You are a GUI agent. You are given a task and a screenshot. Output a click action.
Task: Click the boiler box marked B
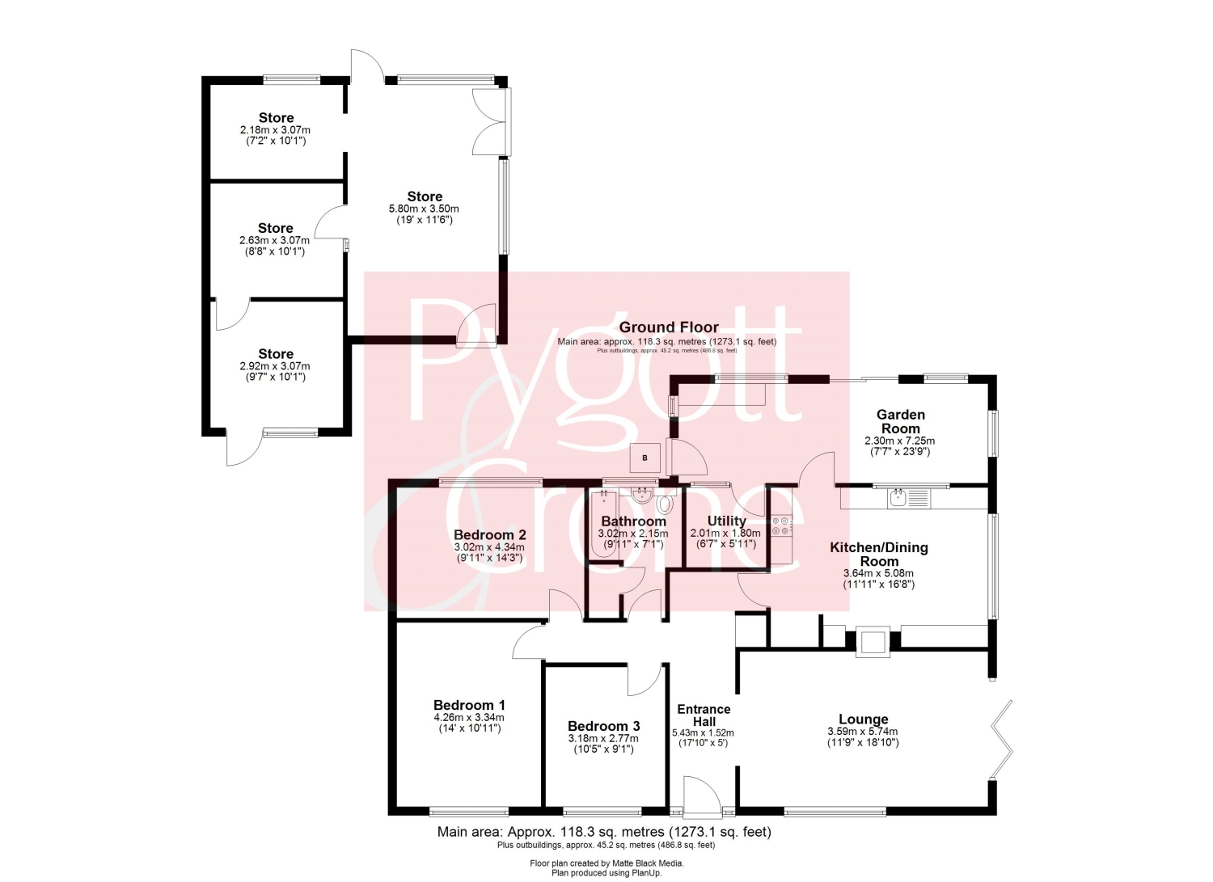pos(645,458)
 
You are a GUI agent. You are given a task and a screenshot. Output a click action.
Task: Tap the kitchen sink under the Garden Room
pos(909,498)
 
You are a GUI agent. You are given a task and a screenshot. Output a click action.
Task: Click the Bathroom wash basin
pos(642,495)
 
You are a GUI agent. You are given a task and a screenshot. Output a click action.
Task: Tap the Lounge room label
pos(863,719)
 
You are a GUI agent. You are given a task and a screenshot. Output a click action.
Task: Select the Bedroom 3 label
pos(604,725)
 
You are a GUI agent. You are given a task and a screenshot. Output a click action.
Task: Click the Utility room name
pos(726,521)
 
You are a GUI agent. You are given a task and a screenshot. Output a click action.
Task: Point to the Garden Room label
pos(901,422)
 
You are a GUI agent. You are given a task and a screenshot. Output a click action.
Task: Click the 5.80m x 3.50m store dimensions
pos(424,209)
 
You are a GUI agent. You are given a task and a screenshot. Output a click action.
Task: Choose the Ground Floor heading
pos(669,327)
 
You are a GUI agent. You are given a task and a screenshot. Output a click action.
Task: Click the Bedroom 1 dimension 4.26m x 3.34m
pos(469,717)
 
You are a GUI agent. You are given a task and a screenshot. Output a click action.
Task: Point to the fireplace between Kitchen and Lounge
pos(873,642)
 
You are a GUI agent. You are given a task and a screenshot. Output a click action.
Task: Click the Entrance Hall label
pos(704,715)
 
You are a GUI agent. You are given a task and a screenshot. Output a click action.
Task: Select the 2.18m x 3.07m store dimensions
pos(275,130)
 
